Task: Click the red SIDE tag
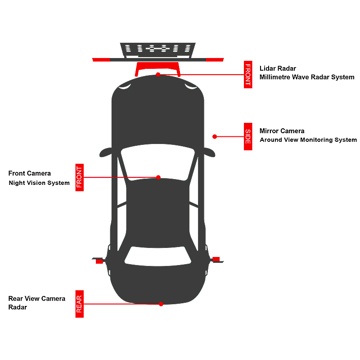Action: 248,137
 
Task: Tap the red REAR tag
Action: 80,304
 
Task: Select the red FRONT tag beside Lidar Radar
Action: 248,75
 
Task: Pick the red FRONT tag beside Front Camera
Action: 80,177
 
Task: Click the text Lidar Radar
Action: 278,68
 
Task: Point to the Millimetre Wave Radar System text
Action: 307,77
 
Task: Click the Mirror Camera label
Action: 282,131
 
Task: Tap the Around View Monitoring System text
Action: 308,140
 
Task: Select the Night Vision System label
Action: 39,183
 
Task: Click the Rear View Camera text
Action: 37,298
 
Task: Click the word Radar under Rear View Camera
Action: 18,307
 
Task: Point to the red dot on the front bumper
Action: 158,75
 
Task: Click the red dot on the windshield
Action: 158,177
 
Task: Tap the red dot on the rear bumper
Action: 161,304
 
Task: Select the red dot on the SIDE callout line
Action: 215,137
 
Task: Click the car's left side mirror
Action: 106,153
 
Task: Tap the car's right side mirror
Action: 209,153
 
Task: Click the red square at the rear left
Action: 99,261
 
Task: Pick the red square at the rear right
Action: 216,259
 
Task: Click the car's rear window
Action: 158,256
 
